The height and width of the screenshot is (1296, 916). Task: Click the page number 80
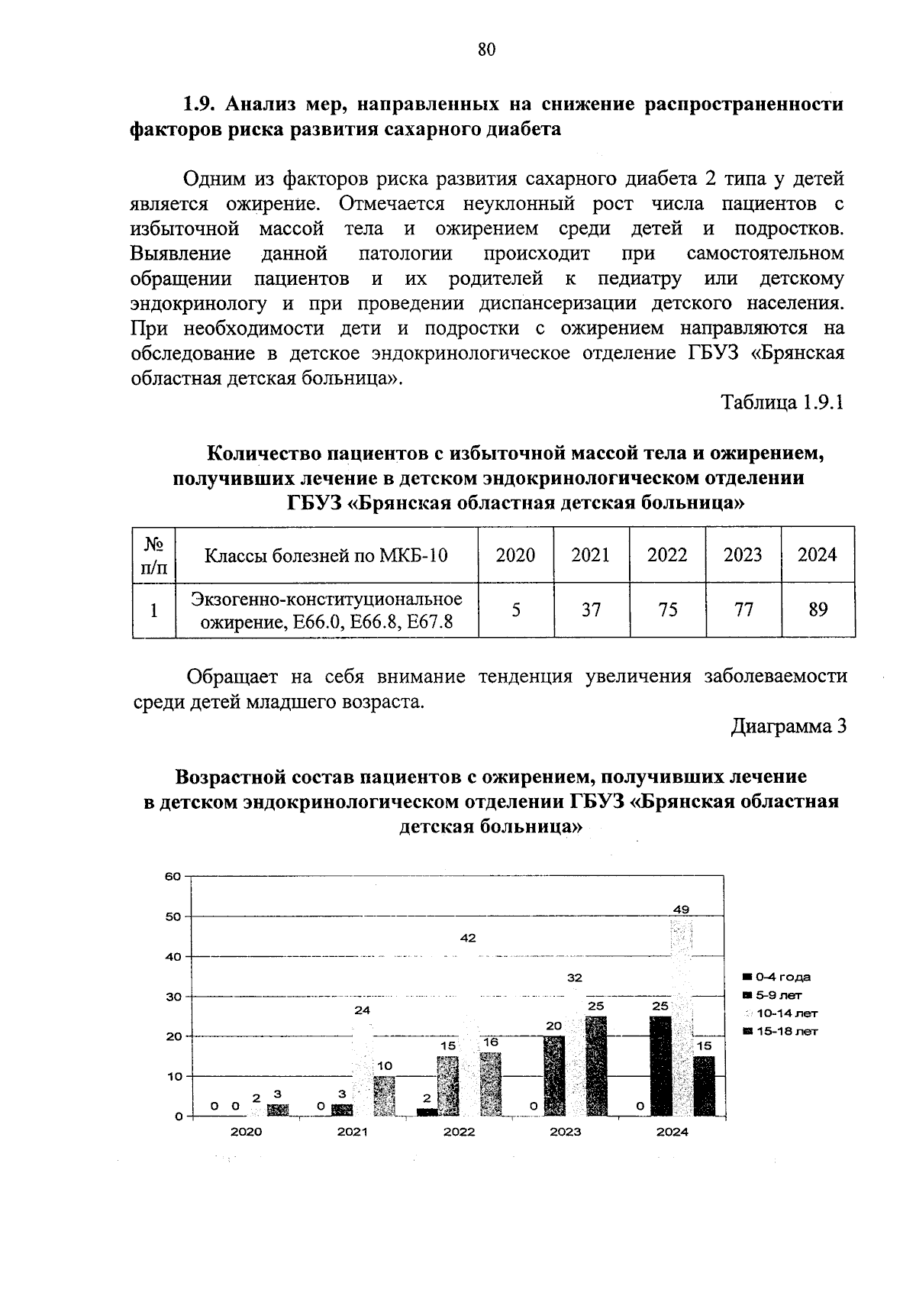coord(486,50)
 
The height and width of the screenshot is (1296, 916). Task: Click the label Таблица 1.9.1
coord(782,402)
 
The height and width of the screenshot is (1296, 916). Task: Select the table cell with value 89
coord(818,609)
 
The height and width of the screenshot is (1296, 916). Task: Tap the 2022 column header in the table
coord(667,554)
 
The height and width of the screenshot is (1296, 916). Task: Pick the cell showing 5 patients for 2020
coord(516,609)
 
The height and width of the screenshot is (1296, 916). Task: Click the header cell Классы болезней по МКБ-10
coord(326,554)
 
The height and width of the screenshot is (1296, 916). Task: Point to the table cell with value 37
coord(591,609)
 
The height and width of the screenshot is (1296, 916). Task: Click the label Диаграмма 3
coord(789,726)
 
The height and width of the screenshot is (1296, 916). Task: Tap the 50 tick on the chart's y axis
coord(174,916)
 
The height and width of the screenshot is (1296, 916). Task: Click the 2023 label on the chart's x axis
coord(565,1132)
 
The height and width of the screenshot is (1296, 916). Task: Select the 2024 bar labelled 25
coord(661,1065)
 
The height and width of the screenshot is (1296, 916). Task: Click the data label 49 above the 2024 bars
coord(681,910)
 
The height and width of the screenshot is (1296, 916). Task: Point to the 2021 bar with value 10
coord(384,1096)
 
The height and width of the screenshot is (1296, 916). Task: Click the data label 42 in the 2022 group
coord(468,938)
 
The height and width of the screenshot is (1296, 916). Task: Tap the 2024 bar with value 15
coord(703,1086)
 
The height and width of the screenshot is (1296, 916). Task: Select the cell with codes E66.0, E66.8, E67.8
coord(326,622)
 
